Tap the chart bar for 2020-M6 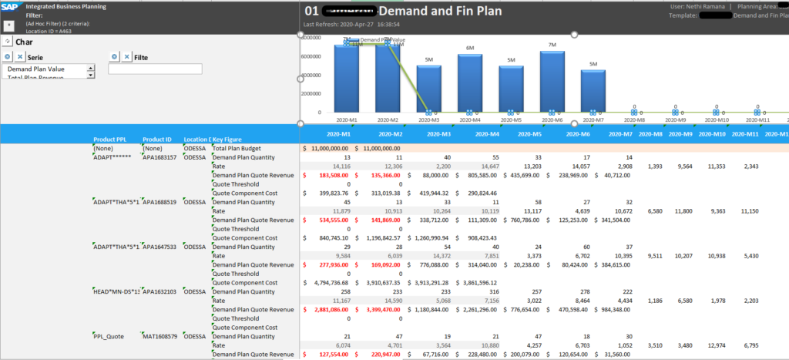[552, 82]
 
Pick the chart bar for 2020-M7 [593, 91]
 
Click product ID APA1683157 [160, 157]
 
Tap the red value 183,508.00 [331, 175]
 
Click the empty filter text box [155, 69]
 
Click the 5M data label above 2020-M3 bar [428, 59]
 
